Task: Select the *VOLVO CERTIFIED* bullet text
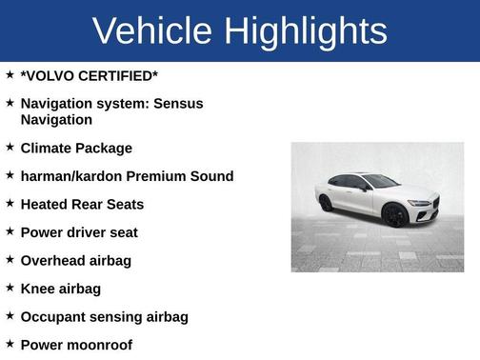89,74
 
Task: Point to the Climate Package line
76,149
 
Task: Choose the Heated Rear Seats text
82,204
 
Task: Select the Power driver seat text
79,232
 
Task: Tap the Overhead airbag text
76,260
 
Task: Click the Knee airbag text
60,289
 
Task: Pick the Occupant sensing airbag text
104,316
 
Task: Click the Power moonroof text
76,345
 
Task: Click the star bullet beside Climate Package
10,148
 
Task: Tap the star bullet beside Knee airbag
10,288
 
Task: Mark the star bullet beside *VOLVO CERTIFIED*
10,73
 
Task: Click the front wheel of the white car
394,215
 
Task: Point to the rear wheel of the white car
327,203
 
